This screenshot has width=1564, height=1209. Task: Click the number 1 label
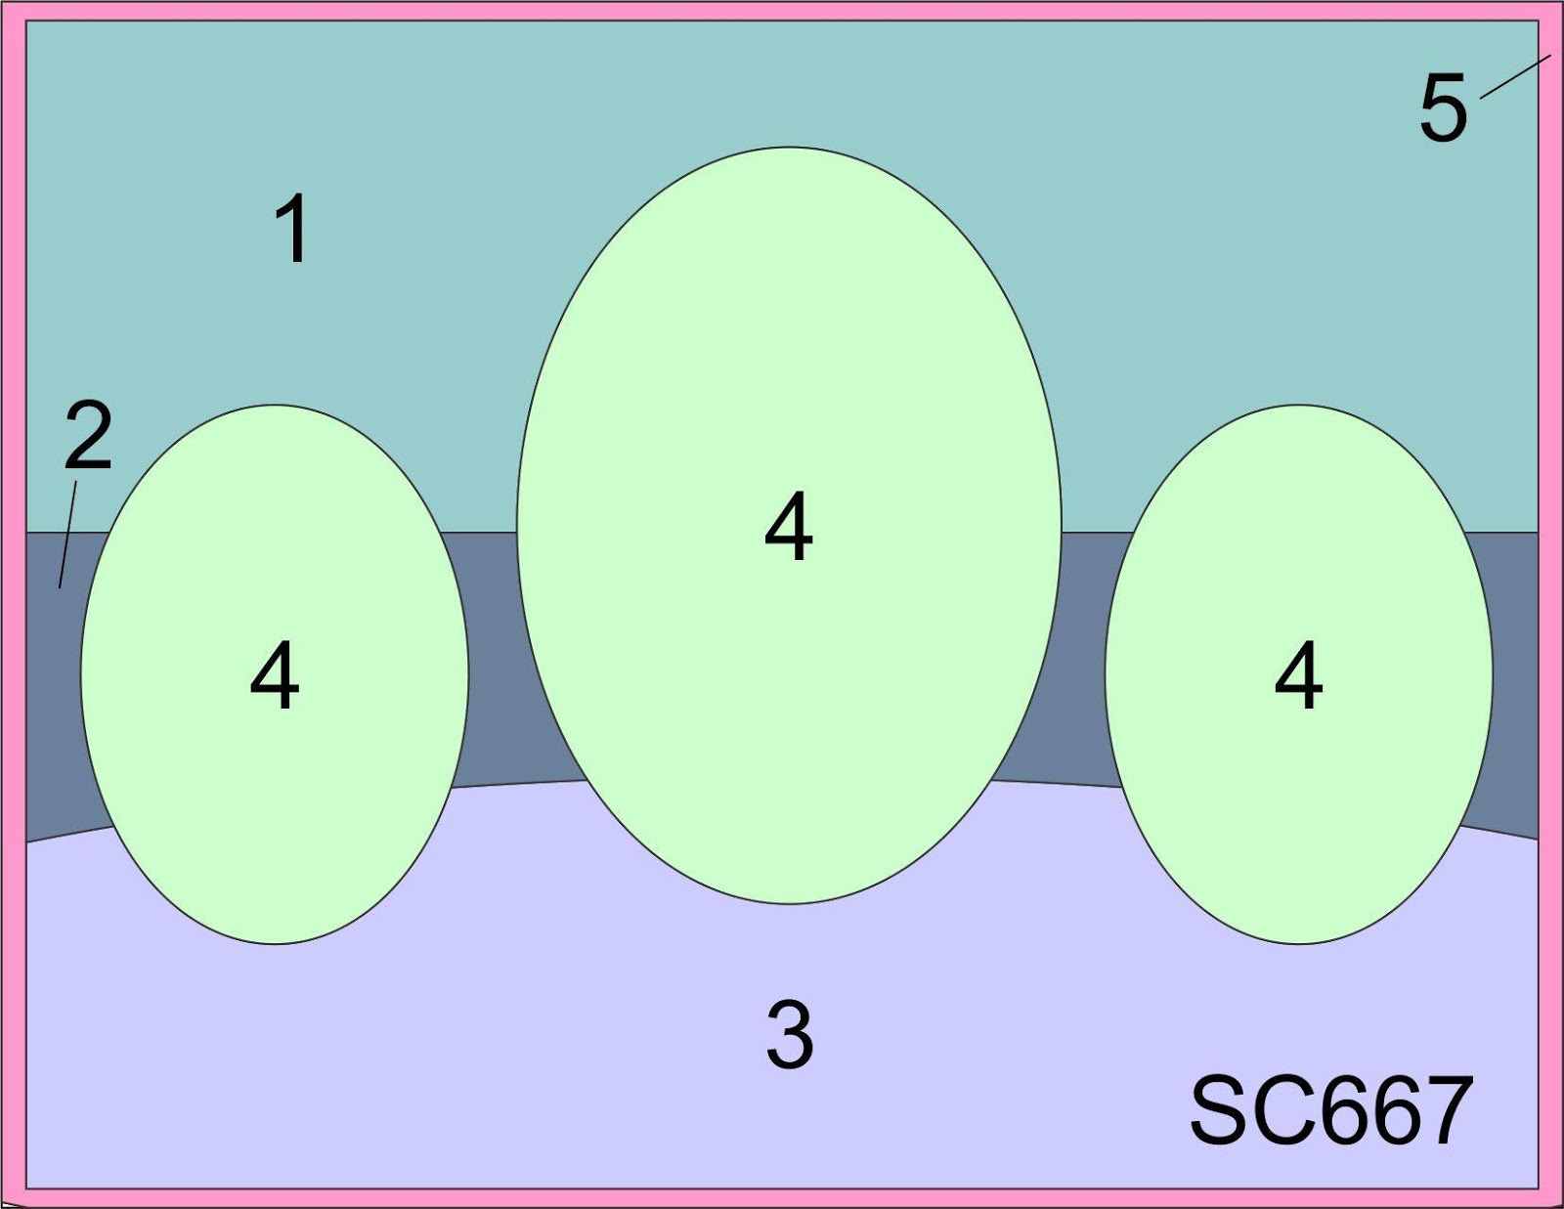pos(292,228)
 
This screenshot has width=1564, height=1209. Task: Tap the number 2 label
pos(88,435)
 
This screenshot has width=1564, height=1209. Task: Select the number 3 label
pos(789,1034)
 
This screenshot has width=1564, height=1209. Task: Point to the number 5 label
pos(1443,108)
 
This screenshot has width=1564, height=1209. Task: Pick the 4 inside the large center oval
pos(789,527)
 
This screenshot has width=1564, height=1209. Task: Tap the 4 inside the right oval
pos(1299,675)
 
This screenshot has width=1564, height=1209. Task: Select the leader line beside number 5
pos(1515,76)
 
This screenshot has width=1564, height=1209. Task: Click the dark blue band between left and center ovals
pos(494,655)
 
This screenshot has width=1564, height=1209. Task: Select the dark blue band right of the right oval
pos(1515,684)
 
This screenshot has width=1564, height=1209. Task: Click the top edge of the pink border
pos(782,11)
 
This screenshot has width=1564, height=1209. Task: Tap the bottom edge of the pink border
pos(782,1198)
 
